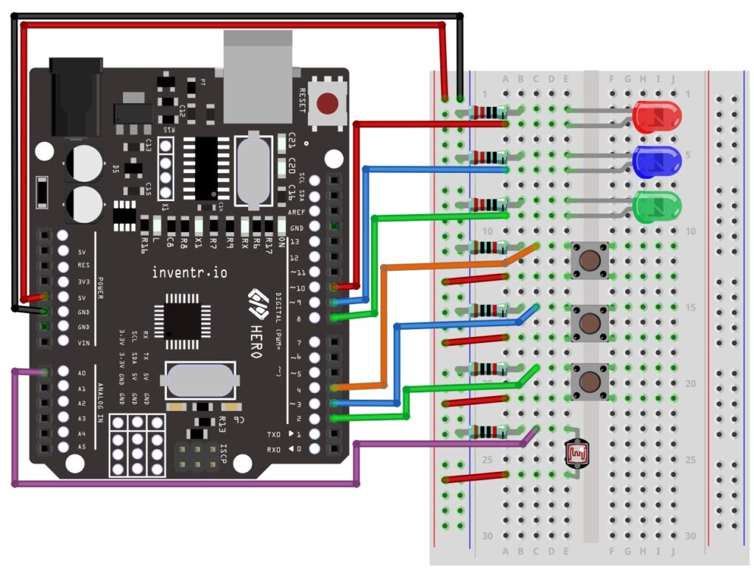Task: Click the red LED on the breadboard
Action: (657, 118)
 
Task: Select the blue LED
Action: (657, 161)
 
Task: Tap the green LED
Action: (657, 207)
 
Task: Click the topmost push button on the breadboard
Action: (589, 260)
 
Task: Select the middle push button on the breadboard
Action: (589, 322)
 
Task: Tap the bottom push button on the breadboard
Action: (589, 381)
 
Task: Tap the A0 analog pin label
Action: (82, 373)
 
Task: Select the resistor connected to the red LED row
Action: (488, 113)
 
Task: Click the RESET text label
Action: (302, 99)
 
